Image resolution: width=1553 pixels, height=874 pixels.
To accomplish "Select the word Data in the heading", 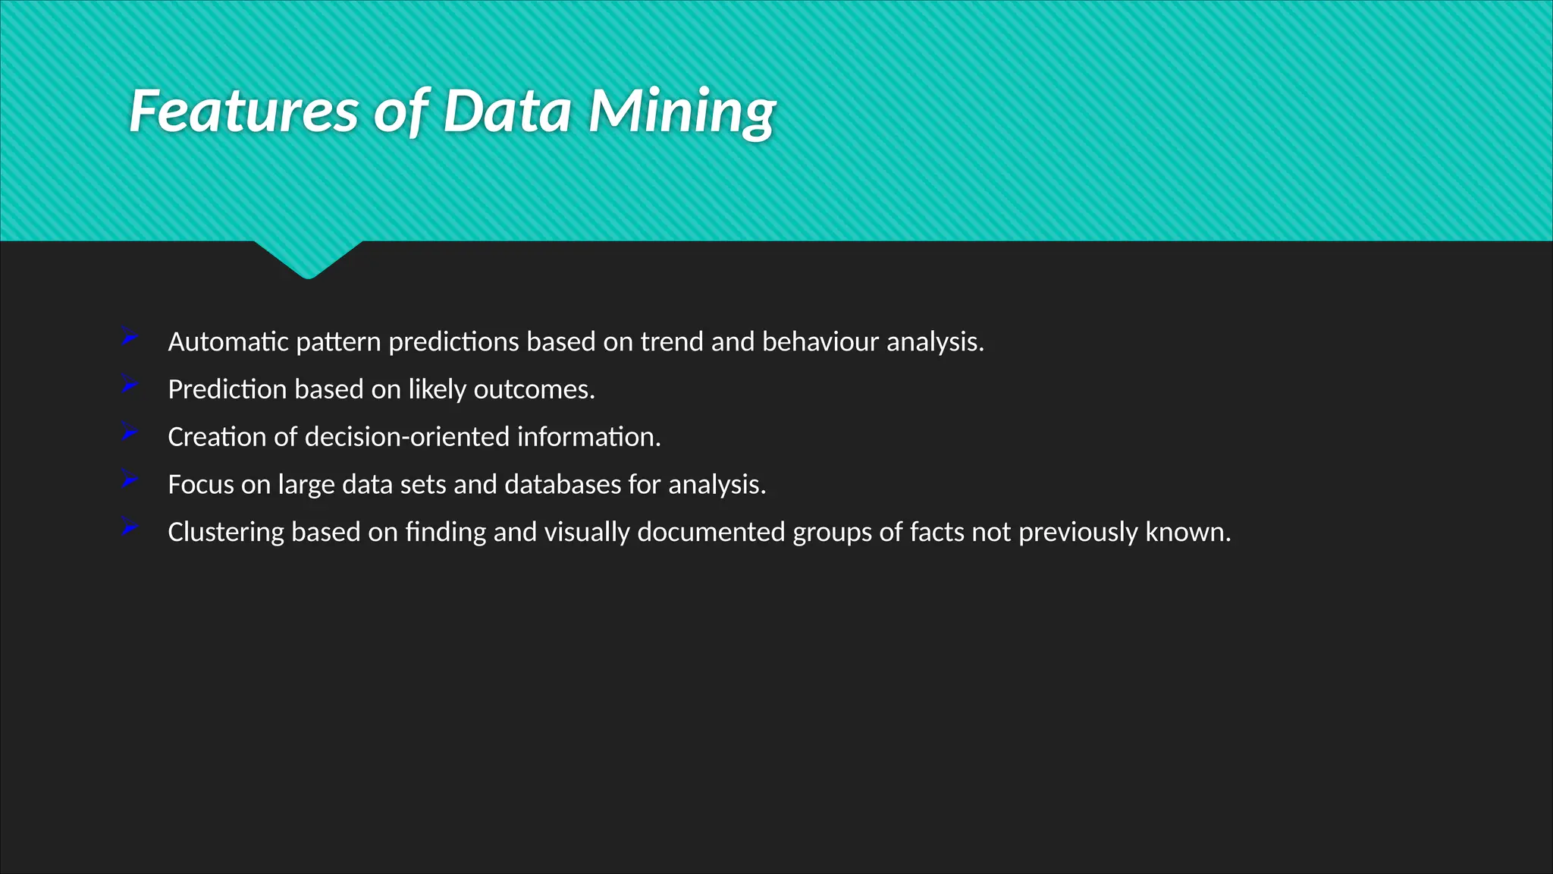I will (507, 112).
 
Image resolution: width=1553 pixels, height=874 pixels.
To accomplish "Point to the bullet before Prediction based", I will (129, 385).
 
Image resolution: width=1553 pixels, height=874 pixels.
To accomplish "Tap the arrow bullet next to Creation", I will (129, 432).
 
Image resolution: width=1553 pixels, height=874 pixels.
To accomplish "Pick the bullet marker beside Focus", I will (129, 479).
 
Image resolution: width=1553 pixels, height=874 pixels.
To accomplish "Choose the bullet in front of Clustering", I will (129, 527).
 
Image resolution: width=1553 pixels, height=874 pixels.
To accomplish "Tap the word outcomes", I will (534, 390).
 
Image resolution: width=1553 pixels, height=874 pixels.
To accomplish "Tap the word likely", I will (437, 390).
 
